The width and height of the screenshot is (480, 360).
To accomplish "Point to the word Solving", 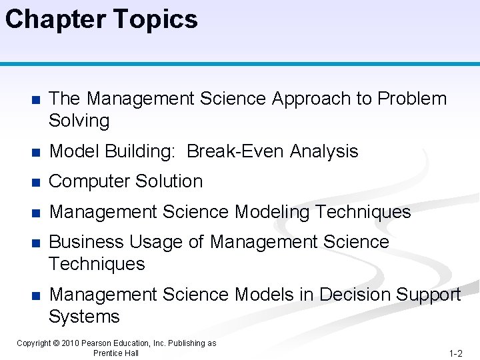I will (79, 121).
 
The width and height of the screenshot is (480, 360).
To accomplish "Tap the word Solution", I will (171, 181).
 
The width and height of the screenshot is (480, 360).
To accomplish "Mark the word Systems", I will (84, 317).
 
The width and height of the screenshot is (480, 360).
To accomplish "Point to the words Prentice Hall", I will (116, 353).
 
